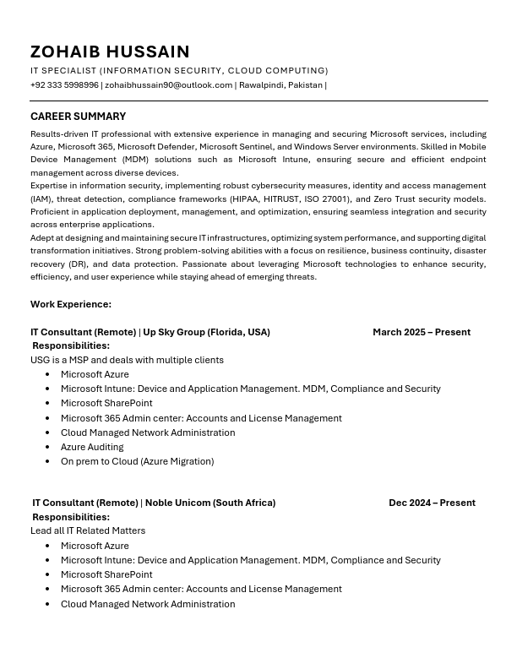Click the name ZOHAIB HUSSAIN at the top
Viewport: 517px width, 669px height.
pos(110,52)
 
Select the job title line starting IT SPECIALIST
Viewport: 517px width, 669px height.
pos(179,71)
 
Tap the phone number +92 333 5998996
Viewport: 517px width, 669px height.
pos(64,85)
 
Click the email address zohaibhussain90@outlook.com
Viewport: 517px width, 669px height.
pos(168,85)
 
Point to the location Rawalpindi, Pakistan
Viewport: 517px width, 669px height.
pos(280,85)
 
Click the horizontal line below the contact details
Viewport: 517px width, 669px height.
pos(258,101)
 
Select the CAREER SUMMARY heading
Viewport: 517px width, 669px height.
pos(78,117)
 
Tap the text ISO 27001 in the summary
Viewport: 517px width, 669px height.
pos(324,199)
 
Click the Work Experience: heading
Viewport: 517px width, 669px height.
pos(71,304)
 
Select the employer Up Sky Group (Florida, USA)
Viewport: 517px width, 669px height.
pos(206,332)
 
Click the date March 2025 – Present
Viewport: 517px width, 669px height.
pos(422,332)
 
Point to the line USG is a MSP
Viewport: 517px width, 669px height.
pos(127,360)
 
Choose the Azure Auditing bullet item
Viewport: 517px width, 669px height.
pos(92,447)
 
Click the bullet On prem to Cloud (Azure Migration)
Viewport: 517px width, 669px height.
pos(137,461)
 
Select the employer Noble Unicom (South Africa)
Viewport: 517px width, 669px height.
pos(210,503)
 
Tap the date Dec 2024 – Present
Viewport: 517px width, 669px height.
pos(432,503)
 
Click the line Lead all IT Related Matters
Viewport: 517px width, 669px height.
pos(88,530)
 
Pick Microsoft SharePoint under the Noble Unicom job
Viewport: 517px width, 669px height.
pos(106,574)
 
